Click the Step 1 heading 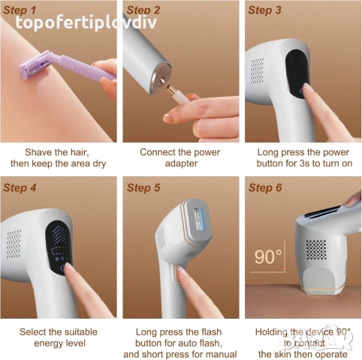[x=20, y=10]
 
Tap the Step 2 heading [x=143, y=10]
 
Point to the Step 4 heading [x=20, y=187]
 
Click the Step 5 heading [x=143, y=187]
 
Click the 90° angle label [x=270, y=256]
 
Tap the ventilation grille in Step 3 [x=258, y=70]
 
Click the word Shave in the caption [x=40, y=151]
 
